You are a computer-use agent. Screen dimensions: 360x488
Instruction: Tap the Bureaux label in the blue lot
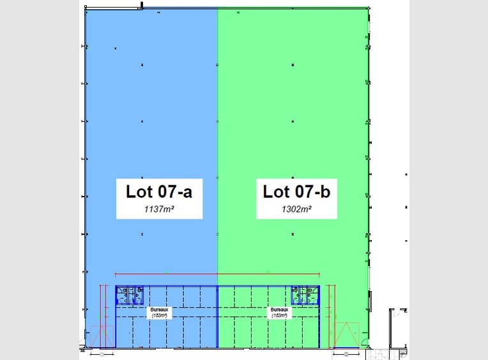pos(157,310)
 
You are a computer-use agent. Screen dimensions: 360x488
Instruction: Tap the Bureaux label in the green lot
pos(279,310)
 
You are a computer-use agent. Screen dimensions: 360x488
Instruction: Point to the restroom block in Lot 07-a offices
pos(130,295)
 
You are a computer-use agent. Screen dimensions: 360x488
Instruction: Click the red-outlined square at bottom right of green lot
pos(344,336)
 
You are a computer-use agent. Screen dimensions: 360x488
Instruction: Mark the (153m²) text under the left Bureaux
pos(157,315)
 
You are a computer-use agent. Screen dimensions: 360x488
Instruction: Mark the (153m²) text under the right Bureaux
pos(279,315)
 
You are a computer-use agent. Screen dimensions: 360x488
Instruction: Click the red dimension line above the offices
pos(217,274)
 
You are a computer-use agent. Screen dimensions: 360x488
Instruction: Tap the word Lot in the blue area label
pos(136,191)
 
